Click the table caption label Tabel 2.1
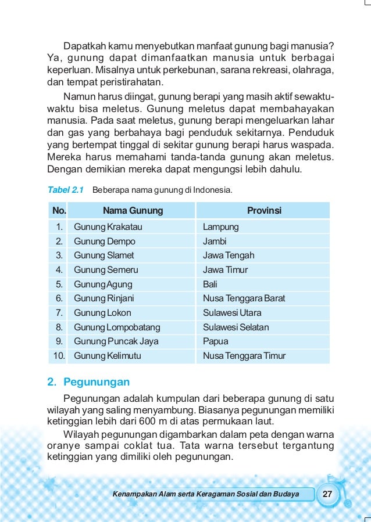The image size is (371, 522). pos(65,189)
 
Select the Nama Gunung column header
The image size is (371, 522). pos(133,211)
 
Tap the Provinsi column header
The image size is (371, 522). pos(264,211)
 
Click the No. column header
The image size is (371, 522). pos(59,211)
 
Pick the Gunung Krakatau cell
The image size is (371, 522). pos(108,227)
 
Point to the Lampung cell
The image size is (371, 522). pos(220,227)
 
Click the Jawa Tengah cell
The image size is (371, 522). pos(229,255)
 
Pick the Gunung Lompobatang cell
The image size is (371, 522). pos(117,327)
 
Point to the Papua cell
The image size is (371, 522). pos(215,341)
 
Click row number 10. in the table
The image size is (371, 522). pos(59,356)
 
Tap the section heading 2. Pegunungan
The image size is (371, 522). pos(88,382)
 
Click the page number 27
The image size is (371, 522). pos(327,494)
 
